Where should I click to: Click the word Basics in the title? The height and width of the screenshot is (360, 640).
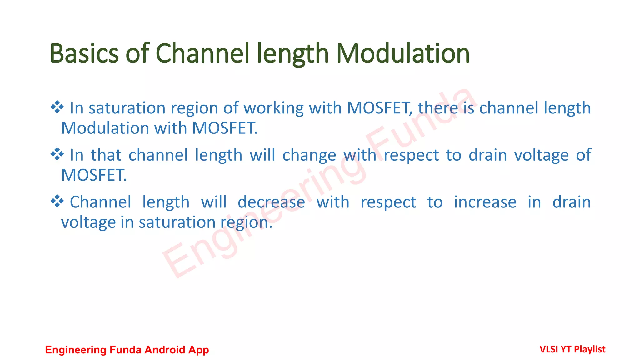(84, 53)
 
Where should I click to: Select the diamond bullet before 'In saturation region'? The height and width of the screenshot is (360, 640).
(57, 107)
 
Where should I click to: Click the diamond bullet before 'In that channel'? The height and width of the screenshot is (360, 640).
(57, 154)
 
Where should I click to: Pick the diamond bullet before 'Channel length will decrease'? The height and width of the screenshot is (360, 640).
(57, 201)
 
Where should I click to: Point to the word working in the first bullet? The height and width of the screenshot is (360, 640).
(273, 108)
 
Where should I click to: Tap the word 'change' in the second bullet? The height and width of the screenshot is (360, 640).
(309, 155)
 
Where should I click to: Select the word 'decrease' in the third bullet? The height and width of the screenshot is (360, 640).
(271, 202)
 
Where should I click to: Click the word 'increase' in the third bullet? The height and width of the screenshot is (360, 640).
(485, 202)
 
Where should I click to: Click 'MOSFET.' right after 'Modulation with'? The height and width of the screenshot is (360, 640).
(225, 128)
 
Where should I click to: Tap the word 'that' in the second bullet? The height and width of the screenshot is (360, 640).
(106, 155)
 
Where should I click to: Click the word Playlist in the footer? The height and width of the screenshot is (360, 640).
(590, 349)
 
